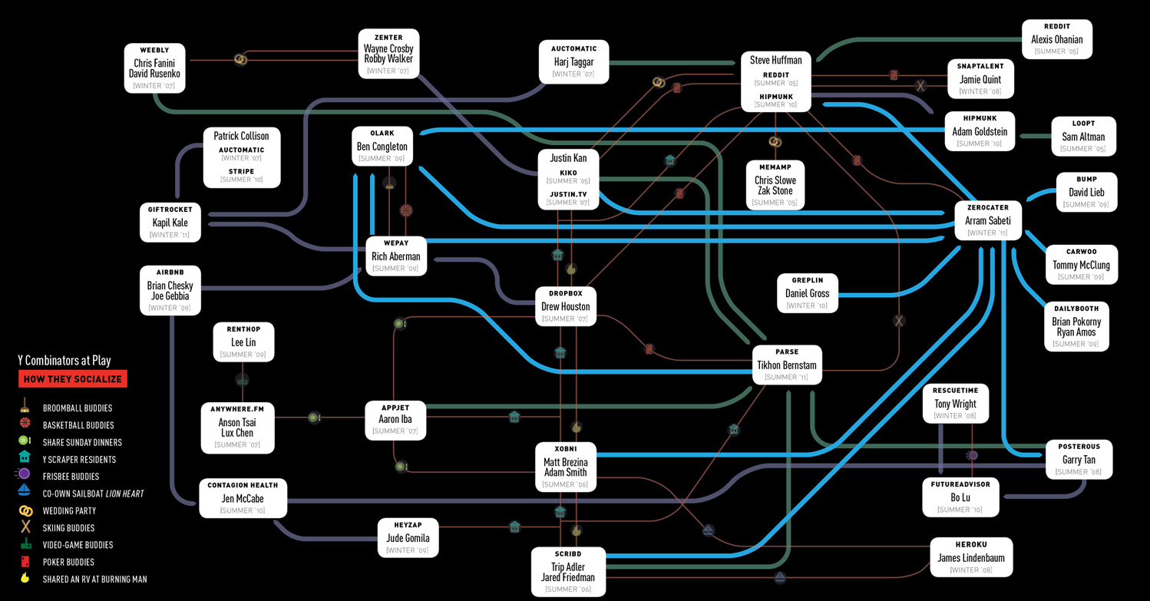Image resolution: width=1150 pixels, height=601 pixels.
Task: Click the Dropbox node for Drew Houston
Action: (x=566, y=306)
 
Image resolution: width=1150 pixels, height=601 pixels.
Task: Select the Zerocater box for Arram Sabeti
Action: (x=988, y=221)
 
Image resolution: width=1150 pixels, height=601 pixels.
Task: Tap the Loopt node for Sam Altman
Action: (x=1083, y=137)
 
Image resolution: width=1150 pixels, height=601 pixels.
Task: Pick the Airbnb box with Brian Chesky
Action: (x=170, y=291)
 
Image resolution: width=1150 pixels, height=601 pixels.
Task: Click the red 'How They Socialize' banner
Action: (x=72, y=379)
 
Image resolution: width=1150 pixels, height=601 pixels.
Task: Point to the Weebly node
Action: (x=155, y=68)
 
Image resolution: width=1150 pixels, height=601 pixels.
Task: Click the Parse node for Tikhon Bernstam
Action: (x=787, y=365)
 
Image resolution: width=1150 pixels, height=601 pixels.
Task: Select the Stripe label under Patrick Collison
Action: (x=241, y=172)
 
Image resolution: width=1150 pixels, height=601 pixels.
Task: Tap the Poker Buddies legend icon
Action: (x=25, y=562)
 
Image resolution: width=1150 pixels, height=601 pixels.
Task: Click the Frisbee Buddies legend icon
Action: (x=25, y=476)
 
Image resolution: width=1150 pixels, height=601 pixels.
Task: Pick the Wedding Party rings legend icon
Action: (x=25, y=510)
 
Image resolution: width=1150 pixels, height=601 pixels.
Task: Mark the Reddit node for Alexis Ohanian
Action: (x=1056, y=39)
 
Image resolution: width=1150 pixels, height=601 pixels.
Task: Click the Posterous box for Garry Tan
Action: (x=1079, y=460)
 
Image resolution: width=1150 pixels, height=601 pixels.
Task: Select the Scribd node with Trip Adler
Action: (x=568, y=571)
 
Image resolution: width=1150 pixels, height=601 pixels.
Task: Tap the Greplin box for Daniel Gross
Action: (x=807, y=293)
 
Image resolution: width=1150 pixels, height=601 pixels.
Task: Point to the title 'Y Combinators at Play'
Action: (x=64, y=361)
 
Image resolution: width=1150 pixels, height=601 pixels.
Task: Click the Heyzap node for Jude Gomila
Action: (x=408, y=537)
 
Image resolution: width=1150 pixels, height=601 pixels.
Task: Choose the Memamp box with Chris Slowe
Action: (x=775, y=185)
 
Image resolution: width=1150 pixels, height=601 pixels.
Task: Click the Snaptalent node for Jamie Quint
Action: (x=980, y=79)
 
